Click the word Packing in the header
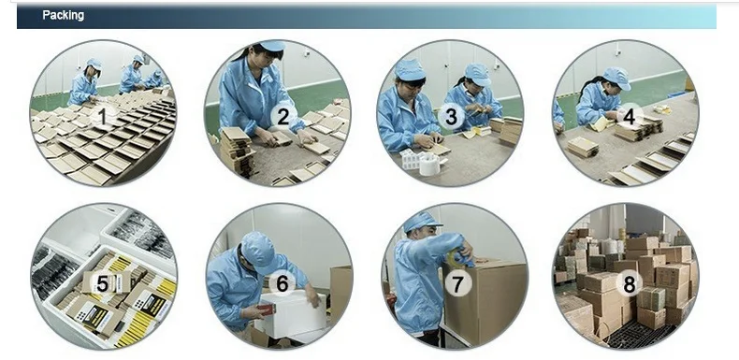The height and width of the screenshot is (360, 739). point(64,15)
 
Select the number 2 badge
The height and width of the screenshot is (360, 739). point(283,117)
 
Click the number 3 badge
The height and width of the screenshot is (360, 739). point(451,117)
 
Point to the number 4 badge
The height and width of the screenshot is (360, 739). point(630,116)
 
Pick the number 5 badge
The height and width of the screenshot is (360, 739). point(102,284)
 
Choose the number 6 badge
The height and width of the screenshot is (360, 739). point(282,283)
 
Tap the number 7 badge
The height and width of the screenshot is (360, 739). point(457,283)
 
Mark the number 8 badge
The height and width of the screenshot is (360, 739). point(630,284)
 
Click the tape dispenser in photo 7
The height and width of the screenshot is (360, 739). point(460,257)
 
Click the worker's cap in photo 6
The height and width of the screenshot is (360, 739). point(258,252)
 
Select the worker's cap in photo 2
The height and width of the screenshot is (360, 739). point(271,46)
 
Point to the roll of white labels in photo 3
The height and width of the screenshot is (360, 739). point(428,166)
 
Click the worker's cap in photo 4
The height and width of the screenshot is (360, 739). point(617,77)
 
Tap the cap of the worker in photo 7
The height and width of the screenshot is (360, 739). point(421,222)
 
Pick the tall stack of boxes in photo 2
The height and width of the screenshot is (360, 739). point(238,151)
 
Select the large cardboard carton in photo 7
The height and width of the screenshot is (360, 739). point(485,301)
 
